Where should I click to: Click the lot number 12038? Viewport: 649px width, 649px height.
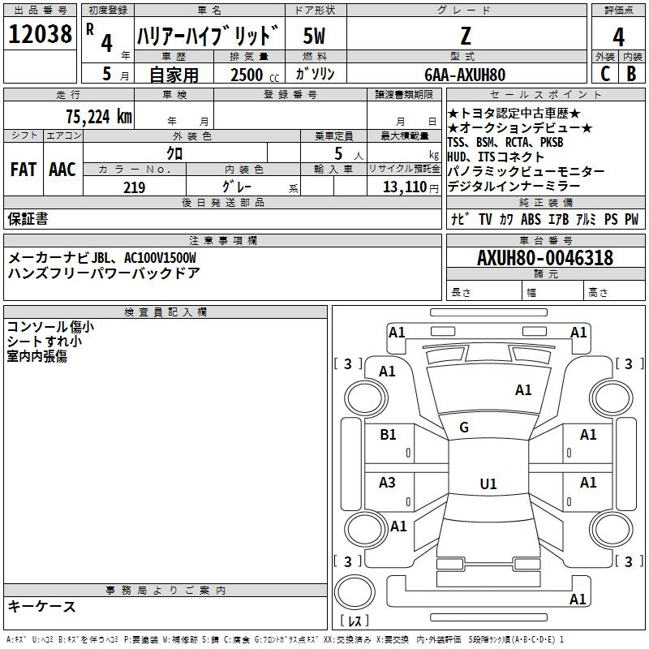point(40,34)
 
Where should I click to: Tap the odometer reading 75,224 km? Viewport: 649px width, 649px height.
point(99,117)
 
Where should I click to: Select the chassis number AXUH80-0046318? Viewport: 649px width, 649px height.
point(545,258)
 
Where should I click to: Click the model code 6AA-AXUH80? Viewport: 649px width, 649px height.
point(465,75)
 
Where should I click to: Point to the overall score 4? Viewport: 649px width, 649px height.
point(618,37)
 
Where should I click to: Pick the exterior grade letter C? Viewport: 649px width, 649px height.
point(605,74)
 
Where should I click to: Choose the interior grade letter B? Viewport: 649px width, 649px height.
point(631,74)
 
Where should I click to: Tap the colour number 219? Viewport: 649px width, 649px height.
point(135,187)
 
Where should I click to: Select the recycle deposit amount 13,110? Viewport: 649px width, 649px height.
point(405,187)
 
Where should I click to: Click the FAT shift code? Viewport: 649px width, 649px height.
point(24,170)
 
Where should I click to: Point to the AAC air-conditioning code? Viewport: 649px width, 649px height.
point(62,170)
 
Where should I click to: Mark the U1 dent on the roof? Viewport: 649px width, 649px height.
point(488,484)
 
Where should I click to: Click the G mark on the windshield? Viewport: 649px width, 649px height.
point(464,428)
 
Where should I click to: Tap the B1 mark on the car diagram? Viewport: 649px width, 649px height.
point(388,435)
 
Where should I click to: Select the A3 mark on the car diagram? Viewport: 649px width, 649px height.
point(387,483)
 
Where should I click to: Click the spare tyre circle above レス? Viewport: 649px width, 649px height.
point(355,592)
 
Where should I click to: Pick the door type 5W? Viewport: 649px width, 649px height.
point(314,36)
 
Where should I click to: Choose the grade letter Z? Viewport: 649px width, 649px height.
point(466,36)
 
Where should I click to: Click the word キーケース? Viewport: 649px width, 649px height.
point(41,607)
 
